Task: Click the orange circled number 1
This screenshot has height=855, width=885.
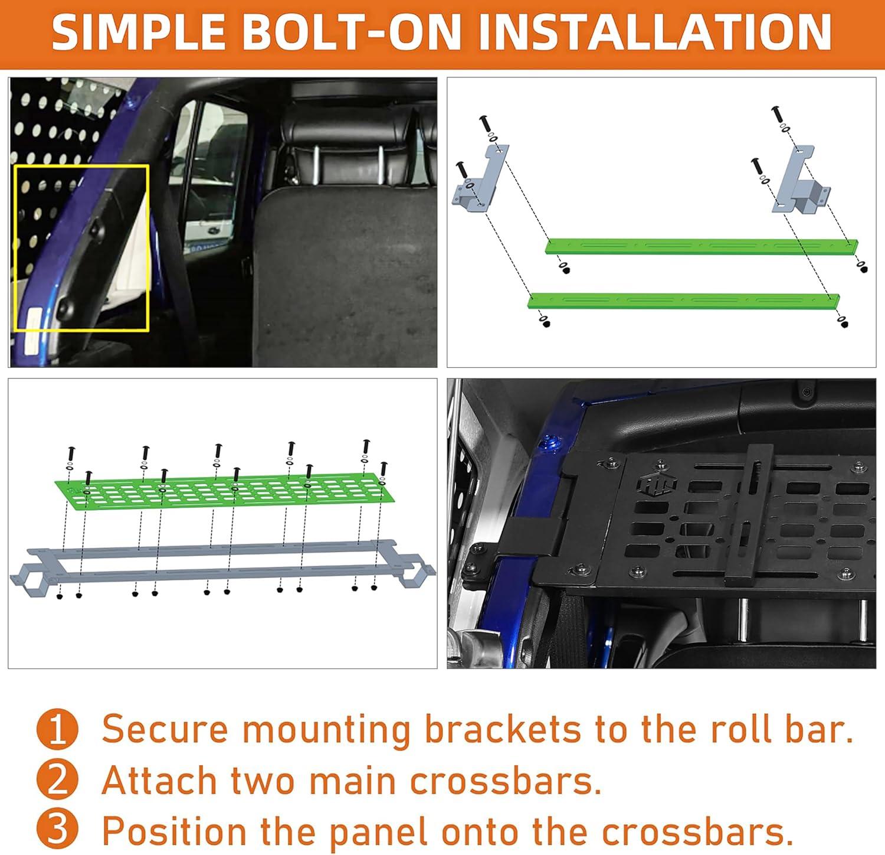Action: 57,730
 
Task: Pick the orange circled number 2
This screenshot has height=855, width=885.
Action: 57,781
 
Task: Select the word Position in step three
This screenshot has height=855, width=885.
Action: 174,831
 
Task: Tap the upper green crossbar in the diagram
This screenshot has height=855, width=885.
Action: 702,247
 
